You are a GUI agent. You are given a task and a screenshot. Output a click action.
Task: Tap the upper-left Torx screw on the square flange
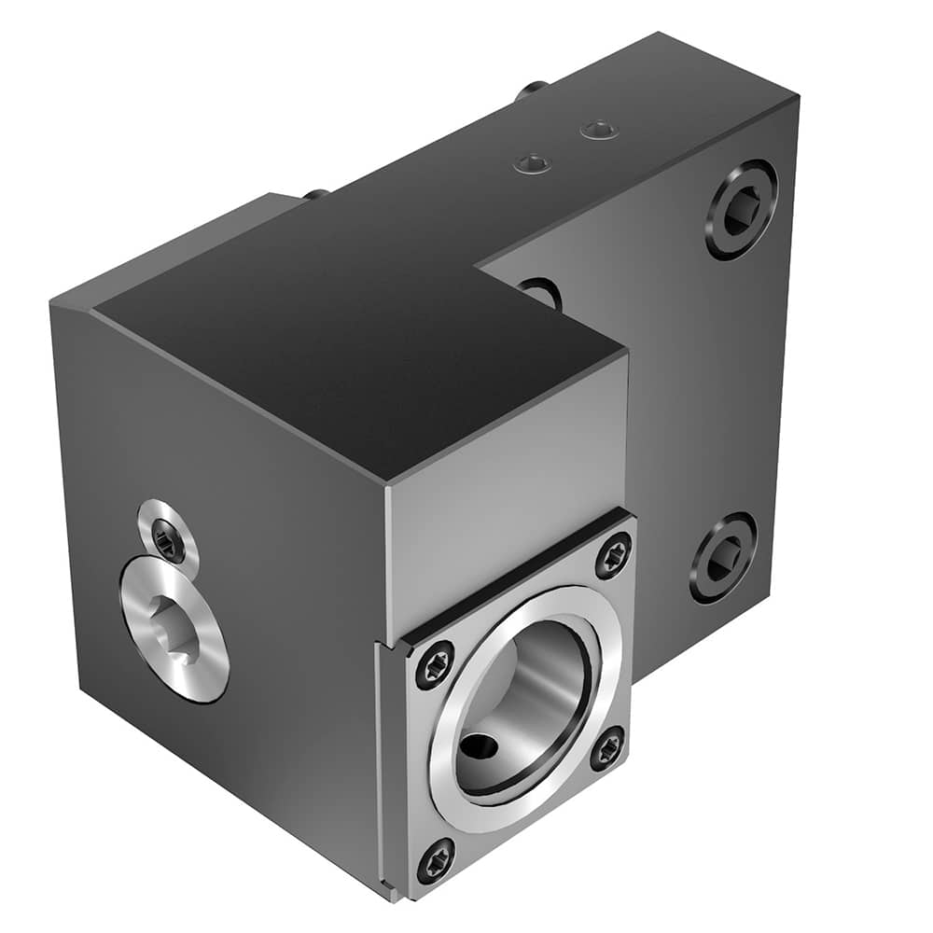tap(435, 664)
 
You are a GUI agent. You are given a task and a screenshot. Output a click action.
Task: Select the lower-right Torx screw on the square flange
tap(607, 747)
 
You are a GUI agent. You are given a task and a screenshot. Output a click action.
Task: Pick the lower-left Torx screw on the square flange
tap(436, 859)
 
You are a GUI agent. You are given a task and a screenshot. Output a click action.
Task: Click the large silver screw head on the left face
tap(174, 628)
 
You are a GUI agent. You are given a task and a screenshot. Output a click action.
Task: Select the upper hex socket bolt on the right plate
tap(741, 210)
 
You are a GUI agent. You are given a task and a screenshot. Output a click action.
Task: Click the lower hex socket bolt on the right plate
tap(723, 557)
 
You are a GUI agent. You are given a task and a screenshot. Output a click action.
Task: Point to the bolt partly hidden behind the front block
tap(543, 292)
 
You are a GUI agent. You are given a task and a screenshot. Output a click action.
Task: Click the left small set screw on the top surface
tap(533, 164)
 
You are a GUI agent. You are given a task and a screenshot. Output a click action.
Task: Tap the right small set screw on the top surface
tap(598, 131)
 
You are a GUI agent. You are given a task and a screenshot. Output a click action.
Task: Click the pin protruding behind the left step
tap(315, 195)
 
